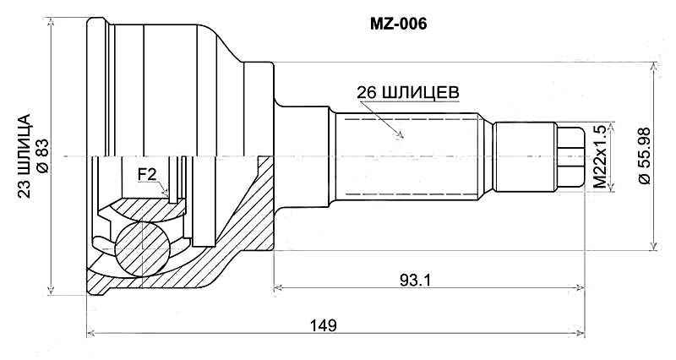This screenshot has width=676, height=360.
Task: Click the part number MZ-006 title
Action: [x=399, y=25]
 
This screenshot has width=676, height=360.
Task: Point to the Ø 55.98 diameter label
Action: [x=645, y=156]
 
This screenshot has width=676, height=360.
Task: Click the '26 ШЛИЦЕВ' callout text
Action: [x=408, y=91]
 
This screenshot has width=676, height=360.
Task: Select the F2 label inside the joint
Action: [x=146, y=175]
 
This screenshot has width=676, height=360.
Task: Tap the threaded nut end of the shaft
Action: [x=571, y=156]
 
